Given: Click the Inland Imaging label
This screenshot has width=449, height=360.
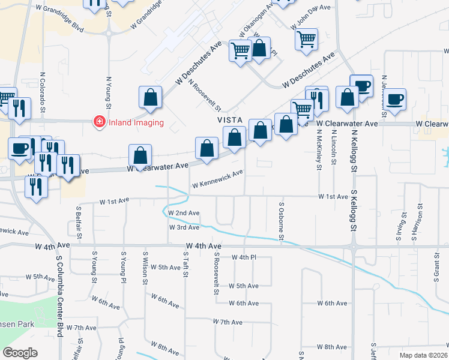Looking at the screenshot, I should point(136,123).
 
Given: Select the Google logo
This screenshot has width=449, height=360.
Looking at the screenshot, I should point(20,353).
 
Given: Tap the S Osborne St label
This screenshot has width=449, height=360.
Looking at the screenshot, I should point(281,220).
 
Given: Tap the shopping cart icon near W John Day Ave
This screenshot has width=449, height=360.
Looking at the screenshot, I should point(306,40).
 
